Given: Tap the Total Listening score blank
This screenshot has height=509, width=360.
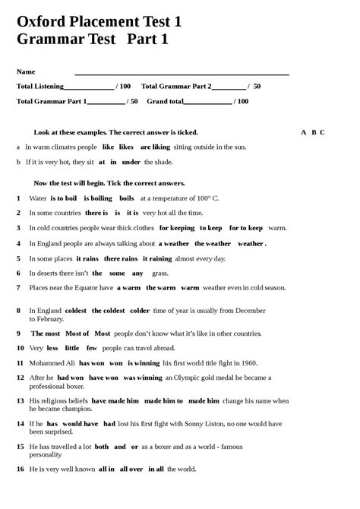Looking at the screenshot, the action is (x=89, y=87).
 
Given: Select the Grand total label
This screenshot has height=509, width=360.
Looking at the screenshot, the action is (x=164, y=101).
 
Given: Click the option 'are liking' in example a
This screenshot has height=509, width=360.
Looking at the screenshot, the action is (x=155, y=147).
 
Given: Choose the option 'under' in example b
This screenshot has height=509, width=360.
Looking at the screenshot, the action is (x=131, y=162).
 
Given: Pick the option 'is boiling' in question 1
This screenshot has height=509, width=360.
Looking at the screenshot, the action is (x=97, y=198).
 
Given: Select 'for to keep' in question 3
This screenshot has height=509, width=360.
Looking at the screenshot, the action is (x=245, y=228).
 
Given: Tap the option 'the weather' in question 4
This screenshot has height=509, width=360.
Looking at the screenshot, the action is (x=213, y=243).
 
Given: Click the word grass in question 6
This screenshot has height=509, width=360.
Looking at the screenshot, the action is (x=160, y=273).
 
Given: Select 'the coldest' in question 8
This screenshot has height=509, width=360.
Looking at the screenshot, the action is (x=108, y=310).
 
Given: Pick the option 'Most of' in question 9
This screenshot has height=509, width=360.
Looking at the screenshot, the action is (x=77, y=333).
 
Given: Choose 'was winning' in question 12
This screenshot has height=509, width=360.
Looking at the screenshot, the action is (x=142, y=377).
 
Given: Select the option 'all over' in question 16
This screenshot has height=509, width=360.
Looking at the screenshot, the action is (x=131, y=469).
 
